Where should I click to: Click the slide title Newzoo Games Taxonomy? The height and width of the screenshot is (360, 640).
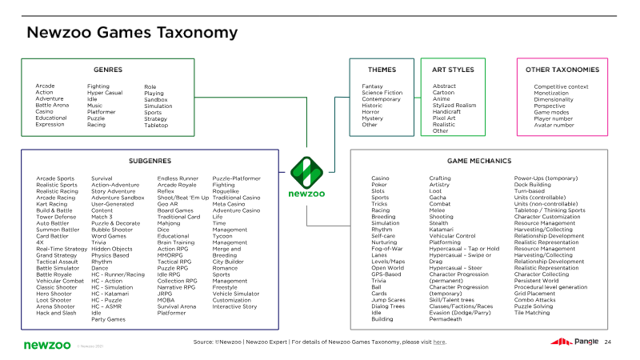pos(132,32)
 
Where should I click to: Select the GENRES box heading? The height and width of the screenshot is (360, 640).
pos(108,70)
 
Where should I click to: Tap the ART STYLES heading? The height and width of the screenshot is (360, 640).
pos(453,70)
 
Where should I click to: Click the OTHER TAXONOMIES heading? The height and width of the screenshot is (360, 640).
pos(562,70)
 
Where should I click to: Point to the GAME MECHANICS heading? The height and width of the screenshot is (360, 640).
pos(480,161)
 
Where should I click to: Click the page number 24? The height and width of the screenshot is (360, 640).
pos(608,342)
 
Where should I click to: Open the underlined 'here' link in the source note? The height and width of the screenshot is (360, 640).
pos(439,342)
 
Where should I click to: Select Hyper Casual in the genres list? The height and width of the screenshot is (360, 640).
pos(104,93)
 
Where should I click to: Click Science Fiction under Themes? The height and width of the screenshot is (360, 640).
pos(382,93)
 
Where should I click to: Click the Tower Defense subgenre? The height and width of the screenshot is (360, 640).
pos(56,217)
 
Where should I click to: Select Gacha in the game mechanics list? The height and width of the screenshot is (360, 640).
pos(438,198)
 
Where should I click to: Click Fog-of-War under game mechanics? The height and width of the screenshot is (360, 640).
pos(387,249)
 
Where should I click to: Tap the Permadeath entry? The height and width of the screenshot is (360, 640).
pos(446,319)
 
